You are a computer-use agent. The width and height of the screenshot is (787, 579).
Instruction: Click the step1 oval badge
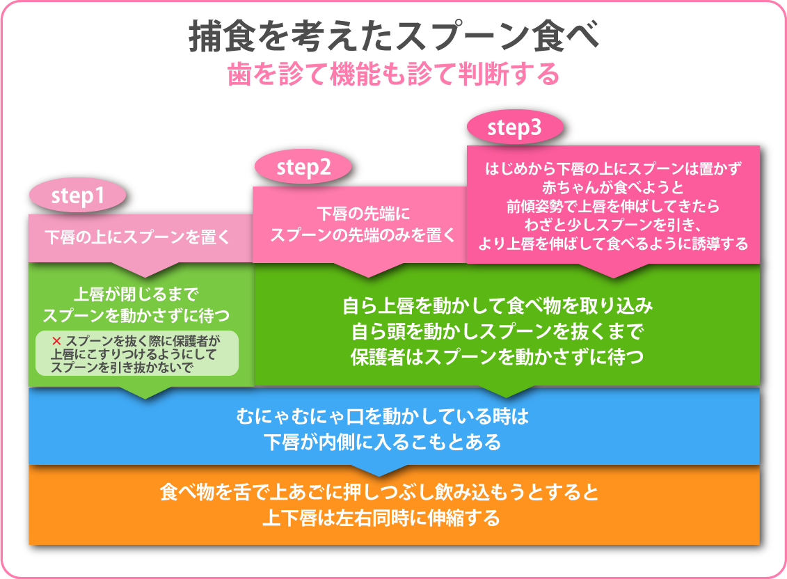tap(77, 196)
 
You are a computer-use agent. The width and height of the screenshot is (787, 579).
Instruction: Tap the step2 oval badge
tap(303, 167)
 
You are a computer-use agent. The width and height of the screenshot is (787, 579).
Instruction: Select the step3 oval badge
tap(514, 127)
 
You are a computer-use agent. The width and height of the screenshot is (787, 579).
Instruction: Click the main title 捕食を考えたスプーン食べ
tap(394, 36)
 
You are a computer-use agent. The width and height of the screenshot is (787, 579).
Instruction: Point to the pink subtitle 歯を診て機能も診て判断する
tap(394, 74)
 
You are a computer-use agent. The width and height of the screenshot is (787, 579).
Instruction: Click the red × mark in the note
tap(56, 341)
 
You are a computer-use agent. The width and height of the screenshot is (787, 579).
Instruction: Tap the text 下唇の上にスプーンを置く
tap(137, 237)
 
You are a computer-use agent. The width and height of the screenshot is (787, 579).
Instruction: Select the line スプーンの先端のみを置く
tap(363, 235)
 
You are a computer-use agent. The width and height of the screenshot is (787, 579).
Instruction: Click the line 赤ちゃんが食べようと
tap(613, 187)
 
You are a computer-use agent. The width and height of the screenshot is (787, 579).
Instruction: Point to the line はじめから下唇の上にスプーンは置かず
tap(613, 168)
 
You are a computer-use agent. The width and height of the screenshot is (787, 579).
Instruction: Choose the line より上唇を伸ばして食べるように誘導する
tap(613, 244)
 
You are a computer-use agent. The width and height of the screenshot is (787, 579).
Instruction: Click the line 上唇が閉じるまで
tap(136, 294)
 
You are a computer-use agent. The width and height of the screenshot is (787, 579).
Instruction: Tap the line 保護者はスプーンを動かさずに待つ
tap(497, 356)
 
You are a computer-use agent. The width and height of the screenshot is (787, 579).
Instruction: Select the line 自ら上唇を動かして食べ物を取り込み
tap(497, 306)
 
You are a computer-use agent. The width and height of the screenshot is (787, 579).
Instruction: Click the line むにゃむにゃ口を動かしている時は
tap(382, 416)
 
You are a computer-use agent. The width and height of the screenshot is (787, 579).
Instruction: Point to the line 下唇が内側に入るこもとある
tap(382, 442)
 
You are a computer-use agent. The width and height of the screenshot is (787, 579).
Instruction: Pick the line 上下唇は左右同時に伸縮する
tap(381, 517)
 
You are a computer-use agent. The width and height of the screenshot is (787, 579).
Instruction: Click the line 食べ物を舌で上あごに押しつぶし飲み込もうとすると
tap(379, 491)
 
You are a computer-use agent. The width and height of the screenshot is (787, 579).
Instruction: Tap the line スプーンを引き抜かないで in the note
tap(122, 367)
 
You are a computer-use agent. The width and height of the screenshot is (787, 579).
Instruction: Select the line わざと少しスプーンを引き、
tap(613, 225)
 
